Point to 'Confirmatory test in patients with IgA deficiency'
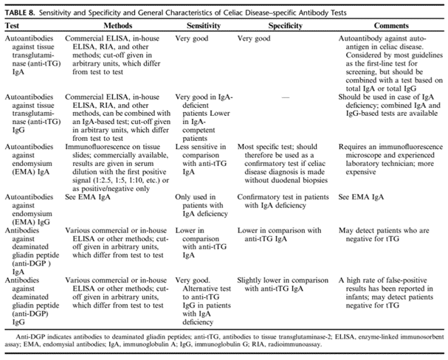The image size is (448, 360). [x=280, y=203]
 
